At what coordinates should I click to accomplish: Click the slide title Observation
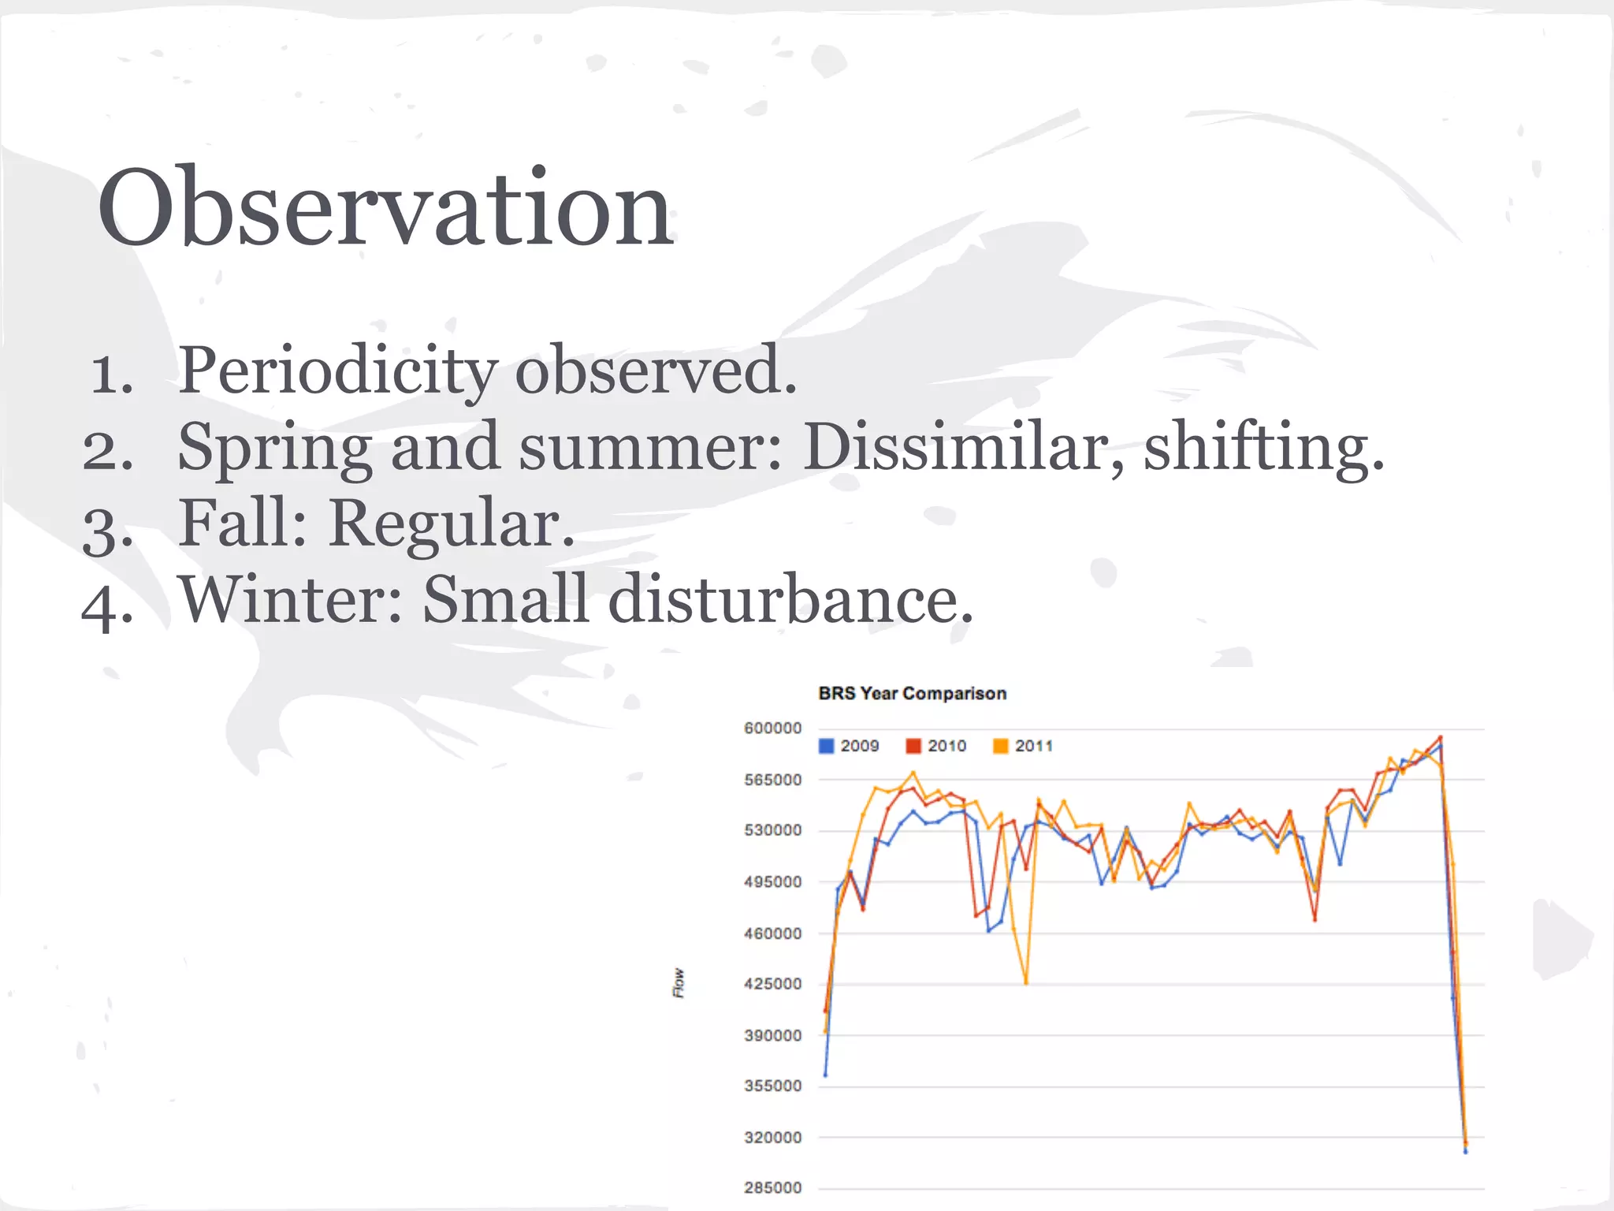pyautogui.click(x=385, y=209)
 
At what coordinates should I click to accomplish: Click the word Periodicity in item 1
pyautogui.click(x=337, y=371)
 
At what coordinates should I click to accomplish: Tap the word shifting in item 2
pyautogui.click(x=1263, y=447)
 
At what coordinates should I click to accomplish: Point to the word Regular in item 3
pyautogui.click(x=452, y=523)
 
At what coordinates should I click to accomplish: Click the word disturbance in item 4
pyautogui.click(x=790, y=599)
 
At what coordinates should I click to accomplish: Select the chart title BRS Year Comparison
pyautogui.click(x=913, y=694)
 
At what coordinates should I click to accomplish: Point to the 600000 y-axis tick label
pyautogui.click(x=772, y=728)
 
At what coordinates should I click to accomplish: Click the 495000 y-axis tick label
pyautogui.click(x=772, y=882)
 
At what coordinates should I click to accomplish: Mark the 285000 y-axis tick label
pyautogui.click(x=772, y=1188)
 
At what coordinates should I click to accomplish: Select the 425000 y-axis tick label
pyautogui.click(x=772, y=984)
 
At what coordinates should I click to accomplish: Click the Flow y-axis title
pyautogui.click(x=679, y=983)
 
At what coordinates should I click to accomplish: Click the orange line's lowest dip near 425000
pyautogui.click(x=1025, y=982)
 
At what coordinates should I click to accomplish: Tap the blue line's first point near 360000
pyautogui.click(x=825, y=1075)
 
